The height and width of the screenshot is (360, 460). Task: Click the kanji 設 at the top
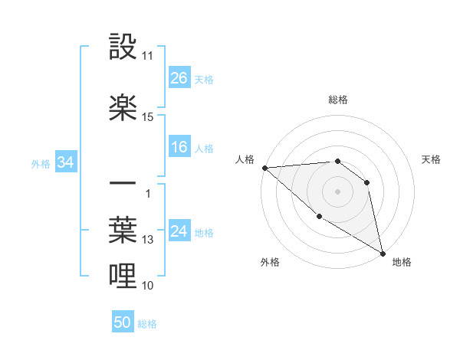point(123,47)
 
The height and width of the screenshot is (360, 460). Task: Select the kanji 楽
point(123,108)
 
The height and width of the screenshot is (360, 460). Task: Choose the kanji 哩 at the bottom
point(123,277)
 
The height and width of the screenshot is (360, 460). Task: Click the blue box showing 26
point(179,77)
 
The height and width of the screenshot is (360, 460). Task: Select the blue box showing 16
point(179,147)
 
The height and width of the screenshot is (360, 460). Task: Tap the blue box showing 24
point(179,231)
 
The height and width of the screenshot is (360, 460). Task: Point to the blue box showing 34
point(66,162)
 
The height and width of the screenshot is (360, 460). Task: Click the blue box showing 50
point(123,322)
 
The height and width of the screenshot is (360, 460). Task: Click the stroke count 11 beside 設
point(147,56)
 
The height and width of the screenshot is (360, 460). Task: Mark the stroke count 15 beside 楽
point(147,117)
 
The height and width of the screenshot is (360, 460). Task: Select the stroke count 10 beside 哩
point(147,286)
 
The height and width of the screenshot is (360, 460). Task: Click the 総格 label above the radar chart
point(337,100)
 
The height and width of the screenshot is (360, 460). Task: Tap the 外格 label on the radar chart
point(270,262)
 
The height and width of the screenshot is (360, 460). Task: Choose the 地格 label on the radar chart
point(402,262)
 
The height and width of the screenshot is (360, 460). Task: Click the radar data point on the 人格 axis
point(264,168)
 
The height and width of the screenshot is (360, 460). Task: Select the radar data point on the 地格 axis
point(383,253)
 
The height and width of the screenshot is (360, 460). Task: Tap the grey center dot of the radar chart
point(337,191)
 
